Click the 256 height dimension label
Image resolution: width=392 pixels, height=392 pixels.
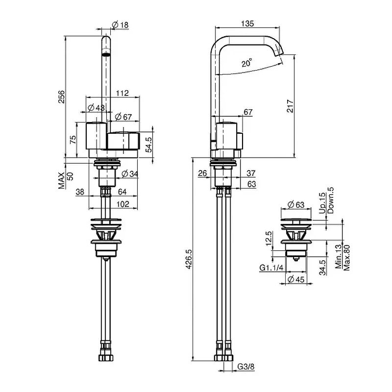[x=62, y=97]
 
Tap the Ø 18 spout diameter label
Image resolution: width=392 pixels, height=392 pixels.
[x=120, y=25]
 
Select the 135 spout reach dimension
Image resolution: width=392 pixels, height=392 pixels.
[x=247, y=24]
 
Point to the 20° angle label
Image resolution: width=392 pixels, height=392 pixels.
[x=247, y=63]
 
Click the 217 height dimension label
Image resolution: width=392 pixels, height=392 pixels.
[x=290, y=106]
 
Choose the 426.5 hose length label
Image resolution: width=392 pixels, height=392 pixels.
[x=189, y=259]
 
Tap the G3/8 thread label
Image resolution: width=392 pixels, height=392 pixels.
[x=246, y=367]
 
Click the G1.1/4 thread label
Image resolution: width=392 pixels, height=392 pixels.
[x=271, y=268]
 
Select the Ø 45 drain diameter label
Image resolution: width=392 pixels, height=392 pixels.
[x=296, y=279]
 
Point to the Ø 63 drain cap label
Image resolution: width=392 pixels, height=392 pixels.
[x=296, y=205]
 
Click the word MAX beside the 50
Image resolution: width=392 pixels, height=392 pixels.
[x=62, y=180]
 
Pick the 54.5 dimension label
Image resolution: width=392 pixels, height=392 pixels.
[x=149, y=145]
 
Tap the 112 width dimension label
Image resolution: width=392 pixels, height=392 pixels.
[x=122, y=93]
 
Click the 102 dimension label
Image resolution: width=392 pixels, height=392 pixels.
[x=123, y=204]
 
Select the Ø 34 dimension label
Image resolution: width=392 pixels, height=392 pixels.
[x=130, y=173]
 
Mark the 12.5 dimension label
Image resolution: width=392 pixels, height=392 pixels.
[x=269, y=239]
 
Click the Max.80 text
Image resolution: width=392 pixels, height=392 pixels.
[x=347, y=258]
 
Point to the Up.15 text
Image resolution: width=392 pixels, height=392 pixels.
[x=322, y=203]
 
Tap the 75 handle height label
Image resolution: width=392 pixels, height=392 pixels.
[x=73, y=140]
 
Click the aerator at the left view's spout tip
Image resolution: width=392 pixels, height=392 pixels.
[x=106, y=54]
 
